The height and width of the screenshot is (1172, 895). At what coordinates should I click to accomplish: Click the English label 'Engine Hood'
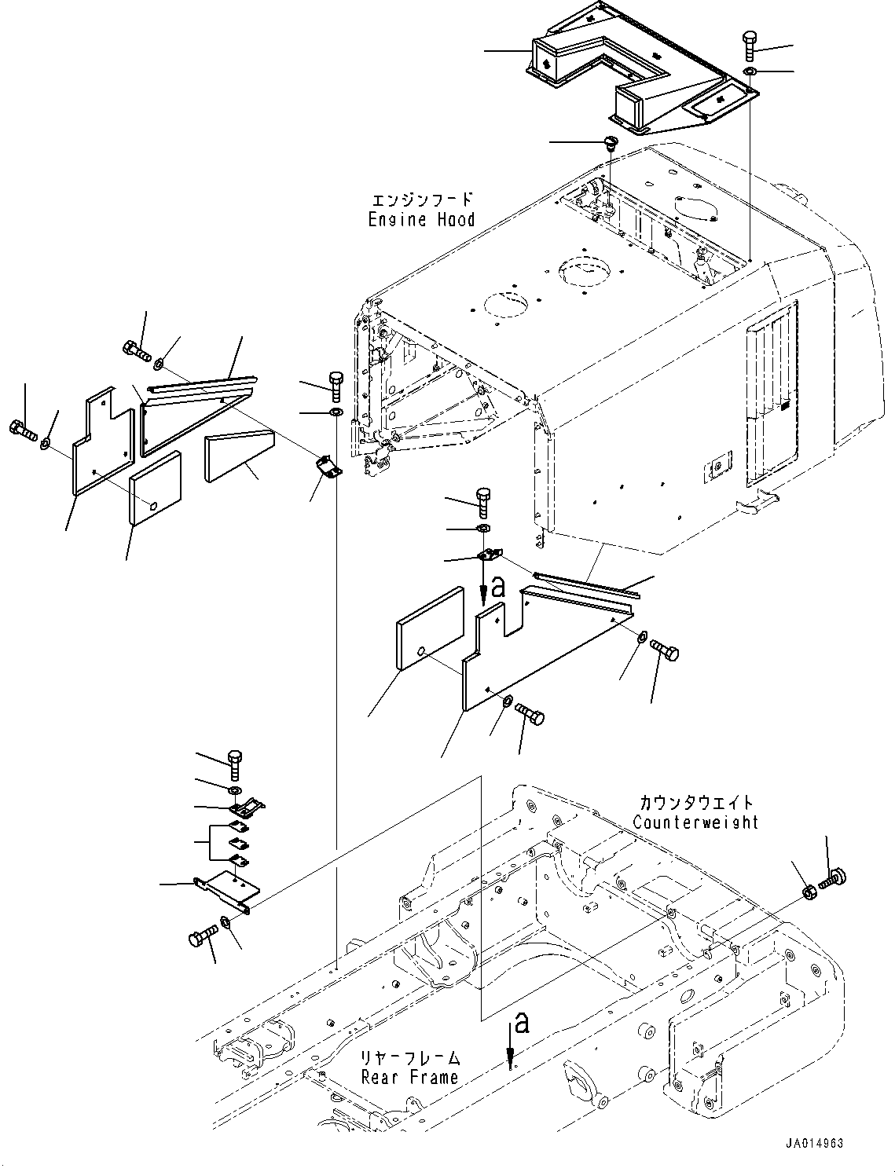[421, 220]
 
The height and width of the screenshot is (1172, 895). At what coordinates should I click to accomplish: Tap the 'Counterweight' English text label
[695, 822]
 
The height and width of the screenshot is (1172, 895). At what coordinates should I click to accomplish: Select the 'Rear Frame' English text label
[409, 1077]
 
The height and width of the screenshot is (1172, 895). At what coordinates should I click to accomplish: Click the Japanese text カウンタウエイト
[696, 803]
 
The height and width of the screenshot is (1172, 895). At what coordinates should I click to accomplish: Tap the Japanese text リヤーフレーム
[411, 1058]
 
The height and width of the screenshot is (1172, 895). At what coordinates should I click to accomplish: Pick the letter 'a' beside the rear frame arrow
[520, 1024]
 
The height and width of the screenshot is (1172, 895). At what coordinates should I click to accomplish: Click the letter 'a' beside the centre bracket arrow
[497, 588]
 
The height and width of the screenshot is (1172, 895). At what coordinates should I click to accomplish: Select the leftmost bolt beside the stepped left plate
[22, 430]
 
